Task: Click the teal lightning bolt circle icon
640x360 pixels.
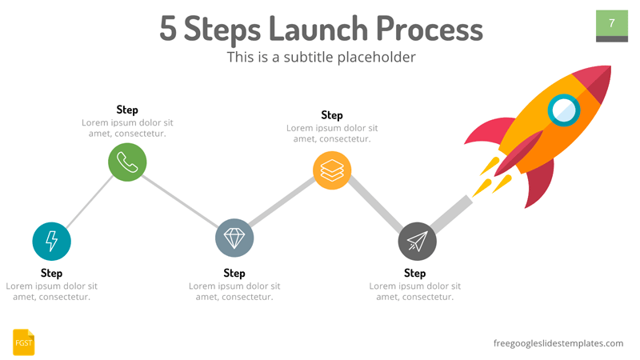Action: [x=52, y=241]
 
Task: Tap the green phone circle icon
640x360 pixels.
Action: [x=127, y=162]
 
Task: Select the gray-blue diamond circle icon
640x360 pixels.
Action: [x=234, y=238]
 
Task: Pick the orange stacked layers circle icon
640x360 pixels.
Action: [x=332, y=170]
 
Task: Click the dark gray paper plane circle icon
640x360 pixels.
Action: [x=417, y=242]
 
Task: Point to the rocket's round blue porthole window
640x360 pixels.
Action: [x=565, y=110]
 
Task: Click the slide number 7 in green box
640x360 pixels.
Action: [x=612, y=23]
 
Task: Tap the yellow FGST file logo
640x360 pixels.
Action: [x=24, y=342]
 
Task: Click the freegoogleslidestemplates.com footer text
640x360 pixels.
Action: [x=558, y=342]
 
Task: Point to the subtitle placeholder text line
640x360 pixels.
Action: [x=321, y=57]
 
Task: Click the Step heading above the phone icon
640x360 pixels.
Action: [x=127, y=110]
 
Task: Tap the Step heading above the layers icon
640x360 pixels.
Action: [x=332, y=115]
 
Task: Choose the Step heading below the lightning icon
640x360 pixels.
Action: [x=52, y=273]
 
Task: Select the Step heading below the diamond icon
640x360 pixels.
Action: [x=234, y=273]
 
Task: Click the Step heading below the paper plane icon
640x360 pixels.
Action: [x=415, y=273]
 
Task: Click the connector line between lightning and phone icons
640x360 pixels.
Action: [x=90, y=201]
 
